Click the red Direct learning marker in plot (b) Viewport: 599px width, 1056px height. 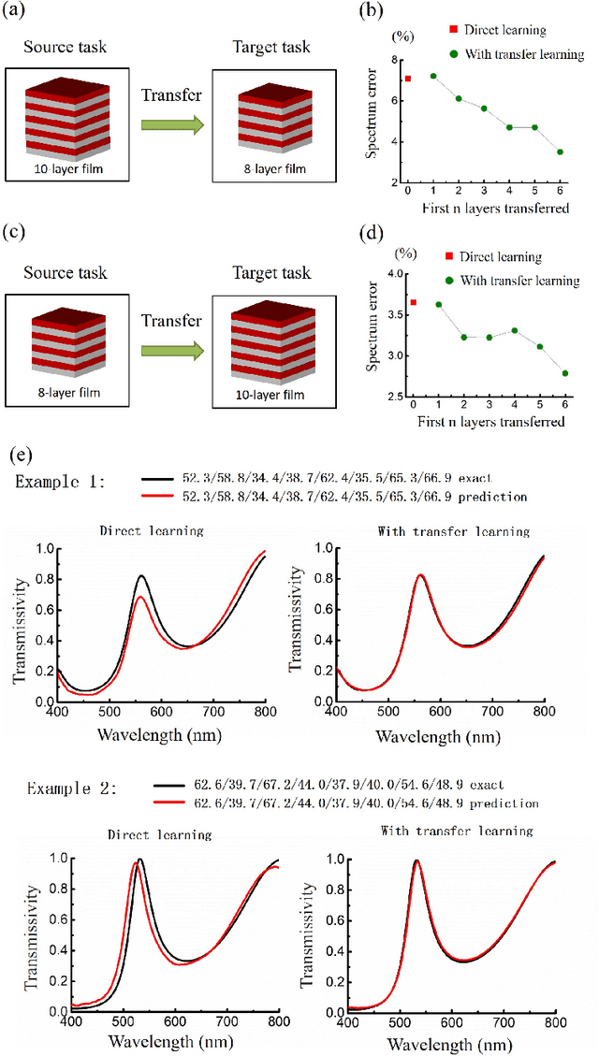pos(408,79)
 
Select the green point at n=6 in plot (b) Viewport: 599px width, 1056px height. pos(560,152)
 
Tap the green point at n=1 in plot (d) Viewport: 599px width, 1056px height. pos(438,304)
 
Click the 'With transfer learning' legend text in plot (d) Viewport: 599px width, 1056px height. pos(530,280)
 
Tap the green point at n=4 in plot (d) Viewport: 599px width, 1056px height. pos(514,330)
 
